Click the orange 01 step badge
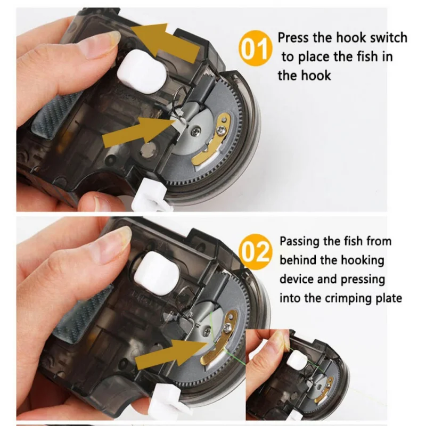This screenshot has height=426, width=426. click(255, 48)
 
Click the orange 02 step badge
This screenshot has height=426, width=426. click(255, 251)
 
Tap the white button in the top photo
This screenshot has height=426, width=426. click(142, 71)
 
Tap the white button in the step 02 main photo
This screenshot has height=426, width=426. click(157, 273)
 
